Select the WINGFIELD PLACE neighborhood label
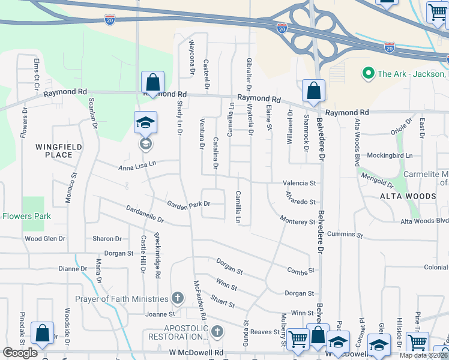[53, 151]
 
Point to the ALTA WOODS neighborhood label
[408, 196]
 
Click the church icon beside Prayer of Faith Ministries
[177, 298]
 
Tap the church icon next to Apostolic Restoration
[217, 331]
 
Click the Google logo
[20, 353]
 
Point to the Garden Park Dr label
[188, 204]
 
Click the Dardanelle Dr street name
[145, 214]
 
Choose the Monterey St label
[297, 221]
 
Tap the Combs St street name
[301, 271]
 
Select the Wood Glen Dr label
[44, 239]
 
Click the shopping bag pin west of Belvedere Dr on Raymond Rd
[313, 92]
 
